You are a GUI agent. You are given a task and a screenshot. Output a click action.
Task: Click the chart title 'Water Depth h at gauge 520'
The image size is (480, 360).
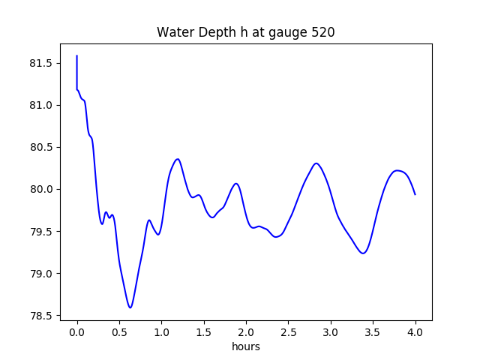click(245, 32)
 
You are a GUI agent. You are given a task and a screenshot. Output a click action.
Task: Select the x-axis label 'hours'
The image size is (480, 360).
click(246, 347)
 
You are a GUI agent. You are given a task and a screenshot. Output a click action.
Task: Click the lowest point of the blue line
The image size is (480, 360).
click(130, 307)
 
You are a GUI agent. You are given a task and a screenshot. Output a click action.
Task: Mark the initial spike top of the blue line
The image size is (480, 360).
click(77, 55)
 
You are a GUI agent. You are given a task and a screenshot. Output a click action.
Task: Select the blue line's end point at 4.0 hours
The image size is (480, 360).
click(415, 194)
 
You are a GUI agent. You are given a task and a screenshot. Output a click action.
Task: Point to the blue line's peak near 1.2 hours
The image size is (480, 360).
click(178, 159)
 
